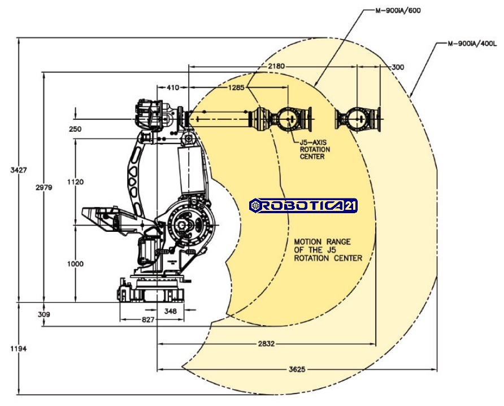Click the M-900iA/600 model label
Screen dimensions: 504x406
click(398, 11)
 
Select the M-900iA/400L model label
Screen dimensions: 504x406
click(472, 44)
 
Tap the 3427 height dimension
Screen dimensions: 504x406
click(19, 170)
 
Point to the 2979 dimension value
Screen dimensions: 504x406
click(44, 187)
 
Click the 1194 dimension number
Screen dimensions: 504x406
click(19, 348)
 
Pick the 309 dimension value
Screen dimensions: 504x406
click(44, 314)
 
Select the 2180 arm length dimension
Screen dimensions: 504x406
click(276, 66)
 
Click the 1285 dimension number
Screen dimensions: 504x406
click(236, 87)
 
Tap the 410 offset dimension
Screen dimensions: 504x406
click(173, 87)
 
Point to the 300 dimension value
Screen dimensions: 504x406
click(398, 67)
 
